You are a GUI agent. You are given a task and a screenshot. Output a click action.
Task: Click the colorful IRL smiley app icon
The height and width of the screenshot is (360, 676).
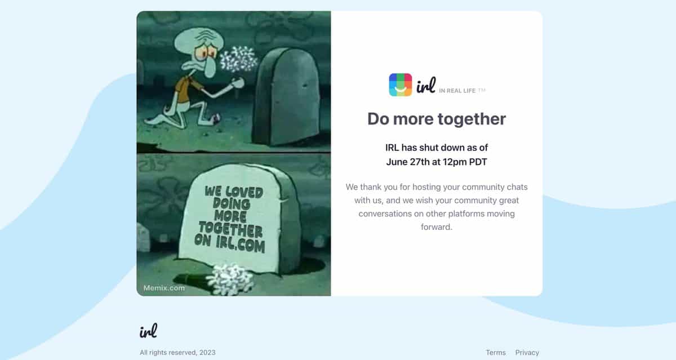tap(400, 85)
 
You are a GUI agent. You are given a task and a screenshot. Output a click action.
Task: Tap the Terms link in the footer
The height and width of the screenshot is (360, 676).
tap(496, 353)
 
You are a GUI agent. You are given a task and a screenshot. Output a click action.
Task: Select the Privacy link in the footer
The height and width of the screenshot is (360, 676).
tap(527, 353)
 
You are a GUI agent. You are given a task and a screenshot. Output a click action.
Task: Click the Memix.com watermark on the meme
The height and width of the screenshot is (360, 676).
tap(164, 288)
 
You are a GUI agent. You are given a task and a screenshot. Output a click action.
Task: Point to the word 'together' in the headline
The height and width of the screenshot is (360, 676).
tap(472, 119)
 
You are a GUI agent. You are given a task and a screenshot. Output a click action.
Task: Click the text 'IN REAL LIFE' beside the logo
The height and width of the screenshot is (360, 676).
tap(457, 91)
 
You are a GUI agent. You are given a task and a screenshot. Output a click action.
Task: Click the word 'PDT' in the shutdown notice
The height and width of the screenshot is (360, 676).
tap(478, 162)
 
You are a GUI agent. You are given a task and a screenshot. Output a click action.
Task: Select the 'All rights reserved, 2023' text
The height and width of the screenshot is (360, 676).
tap(177, 353)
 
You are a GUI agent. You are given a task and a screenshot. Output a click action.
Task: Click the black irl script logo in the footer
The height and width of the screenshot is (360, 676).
tap(148, 331)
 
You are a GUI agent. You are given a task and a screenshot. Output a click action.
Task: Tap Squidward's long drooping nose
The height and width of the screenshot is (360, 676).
tap(210, 68)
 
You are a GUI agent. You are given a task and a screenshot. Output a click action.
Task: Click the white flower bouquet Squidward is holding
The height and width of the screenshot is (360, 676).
tap(238, 59)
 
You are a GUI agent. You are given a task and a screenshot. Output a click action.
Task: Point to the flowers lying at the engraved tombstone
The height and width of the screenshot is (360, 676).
tap(231, 279)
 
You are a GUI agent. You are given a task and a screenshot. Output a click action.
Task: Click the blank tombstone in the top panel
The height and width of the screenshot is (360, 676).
tap(287, 96)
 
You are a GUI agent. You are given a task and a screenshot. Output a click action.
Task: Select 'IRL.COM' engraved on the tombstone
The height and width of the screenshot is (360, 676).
tap(240, 245)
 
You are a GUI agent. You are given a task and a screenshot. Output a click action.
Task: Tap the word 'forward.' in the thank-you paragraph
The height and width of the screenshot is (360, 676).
tap(437, 227)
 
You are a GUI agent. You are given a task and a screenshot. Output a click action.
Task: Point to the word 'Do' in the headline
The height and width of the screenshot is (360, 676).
tap(378, 119)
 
